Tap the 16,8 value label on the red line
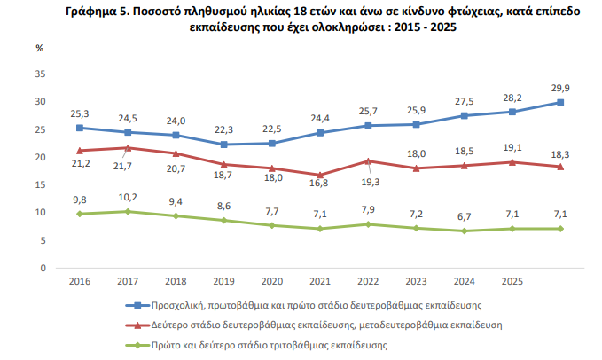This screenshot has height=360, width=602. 319,184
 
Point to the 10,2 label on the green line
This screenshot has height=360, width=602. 128,197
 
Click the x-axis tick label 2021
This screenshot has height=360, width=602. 319,280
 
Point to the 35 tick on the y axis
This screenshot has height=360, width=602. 40,74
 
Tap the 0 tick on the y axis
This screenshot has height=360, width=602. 43,267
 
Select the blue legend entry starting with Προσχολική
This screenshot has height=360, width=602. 313,305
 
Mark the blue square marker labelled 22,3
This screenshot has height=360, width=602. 224,145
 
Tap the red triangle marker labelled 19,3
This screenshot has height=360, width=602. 368,160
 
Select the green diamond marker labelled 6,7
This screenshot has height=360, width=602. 464,231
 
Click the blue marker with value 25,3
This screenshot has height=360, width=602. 81,128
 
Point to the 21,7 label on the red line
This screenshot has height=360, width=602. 128,166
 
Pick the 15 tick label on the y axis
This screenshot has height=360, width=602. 40,184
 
